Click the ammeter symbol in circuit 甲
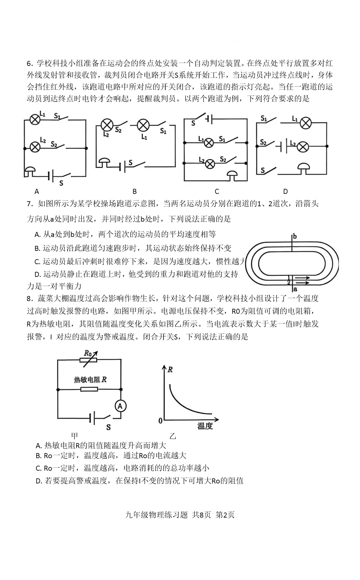click(121, 406)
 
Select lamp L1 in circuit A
click(35, 120)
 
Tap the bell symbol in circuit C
click(232, 175)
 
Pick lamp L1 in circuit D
click(305, 123)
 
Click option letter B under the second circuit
click(135, 192)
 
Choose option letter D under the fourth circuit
click(285, 192)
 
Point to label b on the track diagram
click(295, 237)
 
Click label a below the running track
click(295, 289)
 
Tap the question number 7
click(29, 204)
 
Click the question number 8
click(29, 298)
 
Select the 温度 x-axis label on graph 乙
click(205, 426)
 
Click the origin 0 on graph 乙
click(160, 421)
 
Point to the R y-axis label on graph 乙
click(170, 369)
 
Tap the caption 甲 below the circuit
click(75, 435)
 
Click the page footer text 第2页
click(225, 515)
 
